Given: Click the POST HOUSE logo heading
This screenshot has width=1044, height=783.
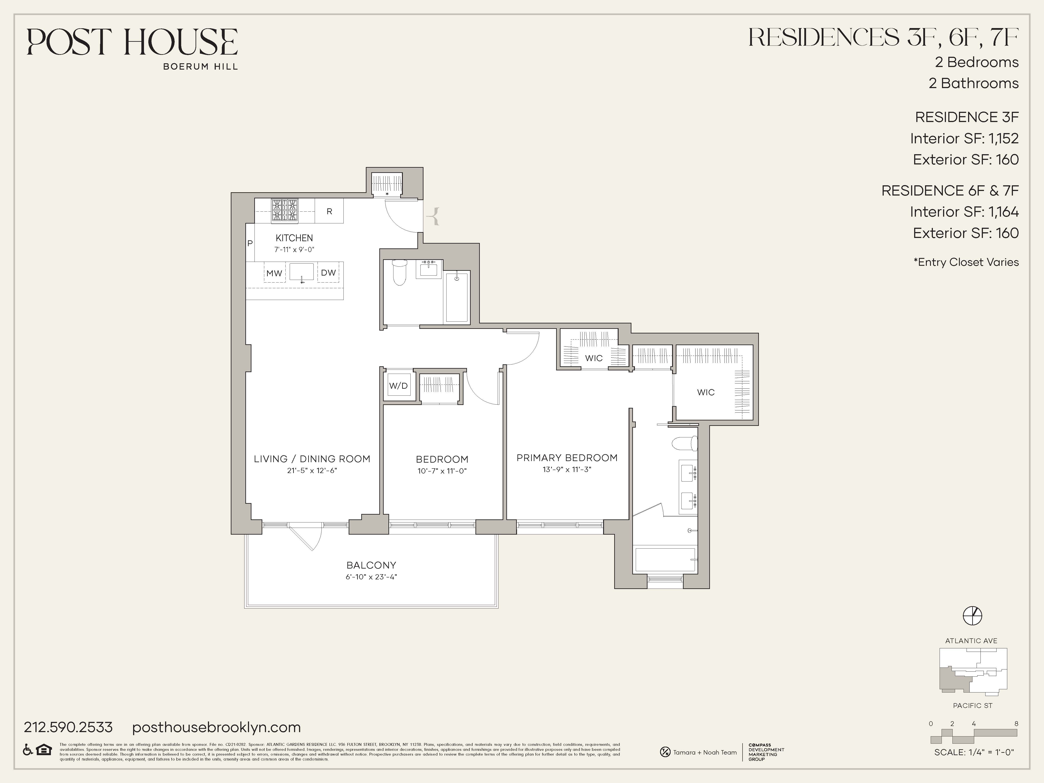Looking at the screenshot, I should point(132,42).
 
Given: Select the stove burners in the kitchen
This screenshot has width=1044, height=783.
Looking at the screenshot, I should point(284,211).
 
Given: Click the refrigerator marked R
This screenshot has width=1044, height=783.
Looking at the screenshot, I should point(330,211).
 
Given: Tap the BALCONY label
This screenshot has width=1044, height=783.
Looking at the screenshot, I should point(371,565).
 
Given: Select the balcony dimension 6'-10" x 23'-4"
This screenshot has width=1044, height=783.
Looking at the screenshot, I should point(371,577).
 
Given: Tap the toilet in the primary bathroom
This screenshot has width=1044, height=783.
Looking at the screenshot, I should point(684,444).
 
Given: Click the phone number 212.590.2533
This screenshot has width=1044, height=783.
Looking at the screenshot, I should point(69,727).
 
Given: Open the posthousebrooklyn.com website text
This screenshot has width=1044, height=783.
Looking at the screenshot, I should point(216,727).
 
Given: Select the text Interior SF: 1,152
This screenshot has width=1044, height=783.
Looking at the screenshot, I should point(964,138).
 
